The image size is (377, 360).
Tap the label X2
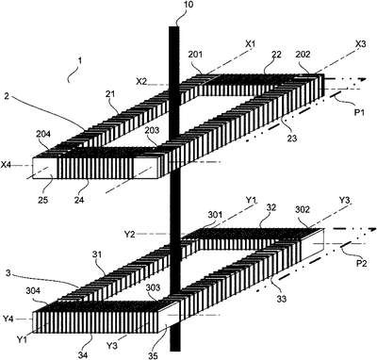click(141, 81)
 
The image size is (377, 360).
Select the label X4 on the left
click(7, 164)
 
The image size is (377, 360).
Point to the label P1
click(359, 112)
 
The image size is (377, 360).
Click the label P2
click(360, 264)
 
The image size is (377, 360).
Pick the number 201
click(196, 55)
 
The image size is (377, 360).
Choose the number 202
click(303, 55)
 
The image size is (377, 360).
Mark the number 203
click(152, 130)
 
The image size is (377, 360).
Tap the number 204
click(42, 134)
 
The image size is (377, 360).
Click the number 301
click(215, 215)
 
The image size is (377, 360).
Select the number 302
click(303, 209)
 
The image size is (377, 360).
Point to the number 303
click(153, 287)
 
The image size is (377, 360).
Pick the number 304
click(33, 290)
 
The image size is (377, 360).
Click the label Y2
click(130, 234)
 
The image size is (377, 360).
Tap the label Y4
click(8, 319)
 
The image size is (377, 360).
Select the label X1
click(250, 44)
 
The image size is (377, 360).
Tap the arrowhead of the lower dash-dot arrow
click(371, 229)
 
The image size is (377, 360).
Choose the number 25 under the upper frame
click(43, 200)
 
